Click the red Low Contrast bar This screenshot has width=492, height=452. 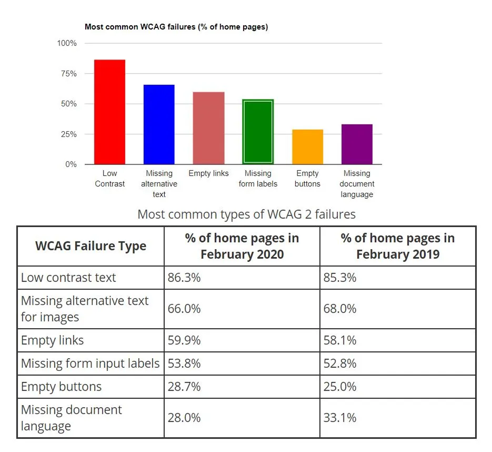point(109,112)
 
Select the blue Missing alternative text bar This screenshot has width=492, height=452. point(159,124)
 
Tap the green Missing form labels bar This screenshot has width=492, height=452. point(258,132)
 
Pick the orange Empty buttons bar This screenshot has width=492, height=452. point(307,147)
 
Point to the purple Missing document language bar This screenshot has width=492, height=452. point(357,144)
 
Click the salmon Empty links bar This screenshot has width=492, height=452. point(208,128)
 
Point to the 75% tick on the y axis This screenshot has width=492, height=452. point(67,74)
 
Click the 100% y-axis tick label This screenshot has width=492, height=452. point(66,43)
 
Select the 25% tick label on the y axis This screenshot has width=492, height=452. point(67,134)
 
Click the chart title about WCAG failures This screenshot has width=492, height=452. point(176,27)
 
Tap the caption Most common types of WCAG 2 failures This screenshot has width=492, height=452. point(246,214)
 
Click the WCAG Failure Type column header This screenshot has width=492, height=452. point(91,246)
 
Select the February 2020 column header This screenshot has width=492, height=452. point(242,246)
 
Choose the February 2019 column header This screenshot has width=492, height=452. point(397,246)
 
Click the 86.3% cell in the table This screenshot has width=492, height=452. point(184,278)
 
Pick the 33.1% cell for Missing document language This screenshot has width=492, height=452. point(340,418)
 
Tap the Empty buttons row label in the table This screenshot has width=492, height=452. point(61,387)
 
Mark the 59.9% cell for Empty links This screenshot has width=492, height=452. point(184,340)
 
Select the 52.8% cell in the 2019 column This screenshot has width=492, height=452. point(340,363)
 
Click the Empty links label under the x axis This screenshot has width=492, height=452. point(208,173)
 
